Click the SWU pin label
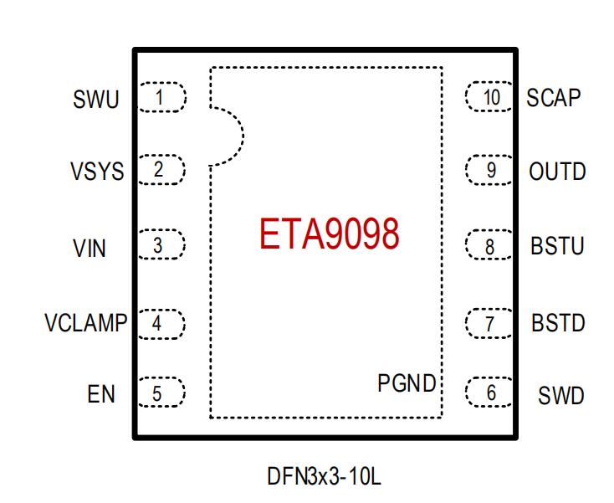tap(96, 100)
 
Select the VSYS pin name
tap(97, 172)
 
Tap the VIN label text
tap(90, 249)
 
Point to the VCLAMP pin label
tap(85, 323)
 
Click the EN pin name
tap(101, 394)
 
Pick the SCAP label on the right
tap(553, 98)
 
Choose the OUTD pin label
tap(557, 172)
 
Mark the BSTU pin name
tap(557, 248)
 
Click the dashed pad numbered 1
tap(161, 97)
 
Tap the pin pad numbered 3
tap(160, 246)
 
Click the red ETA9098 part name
tap(329, 235)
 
